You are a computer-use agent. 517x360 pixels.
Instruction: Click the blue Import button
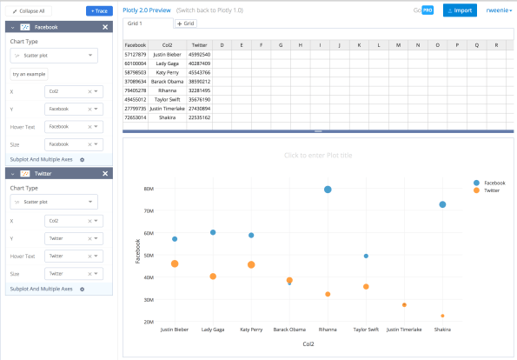(x=460, y=10)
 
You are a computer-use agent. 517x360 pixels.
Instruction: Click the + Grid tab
(x=186, y=23)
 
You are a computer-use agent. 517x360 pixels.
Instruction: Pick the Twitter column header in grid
(x=199, y=44)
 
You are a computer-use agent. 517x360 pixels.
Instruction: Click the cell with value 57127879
(x=136, y=54)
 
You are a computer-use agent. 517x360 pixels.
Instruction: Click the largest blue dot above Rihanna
(x=328, y=190)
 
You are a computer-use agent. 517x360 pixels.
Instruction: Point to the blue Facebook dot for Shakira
(x=442, y=204)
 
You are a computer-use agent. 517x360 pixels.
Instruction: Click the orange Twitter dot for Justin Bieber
(x=175, y=263)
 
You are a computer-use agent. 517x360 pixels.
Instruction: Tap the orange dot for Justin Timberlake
(x=404, y=305)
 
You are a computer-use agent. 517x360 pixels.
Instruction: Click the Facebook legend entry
(x=494, y=183)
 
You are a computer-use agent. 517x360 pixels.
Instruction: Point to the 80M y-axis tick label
(x=149, y=189)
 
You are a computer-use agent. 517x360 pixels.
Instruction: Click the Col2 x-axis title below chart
(x=308, y=344)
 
